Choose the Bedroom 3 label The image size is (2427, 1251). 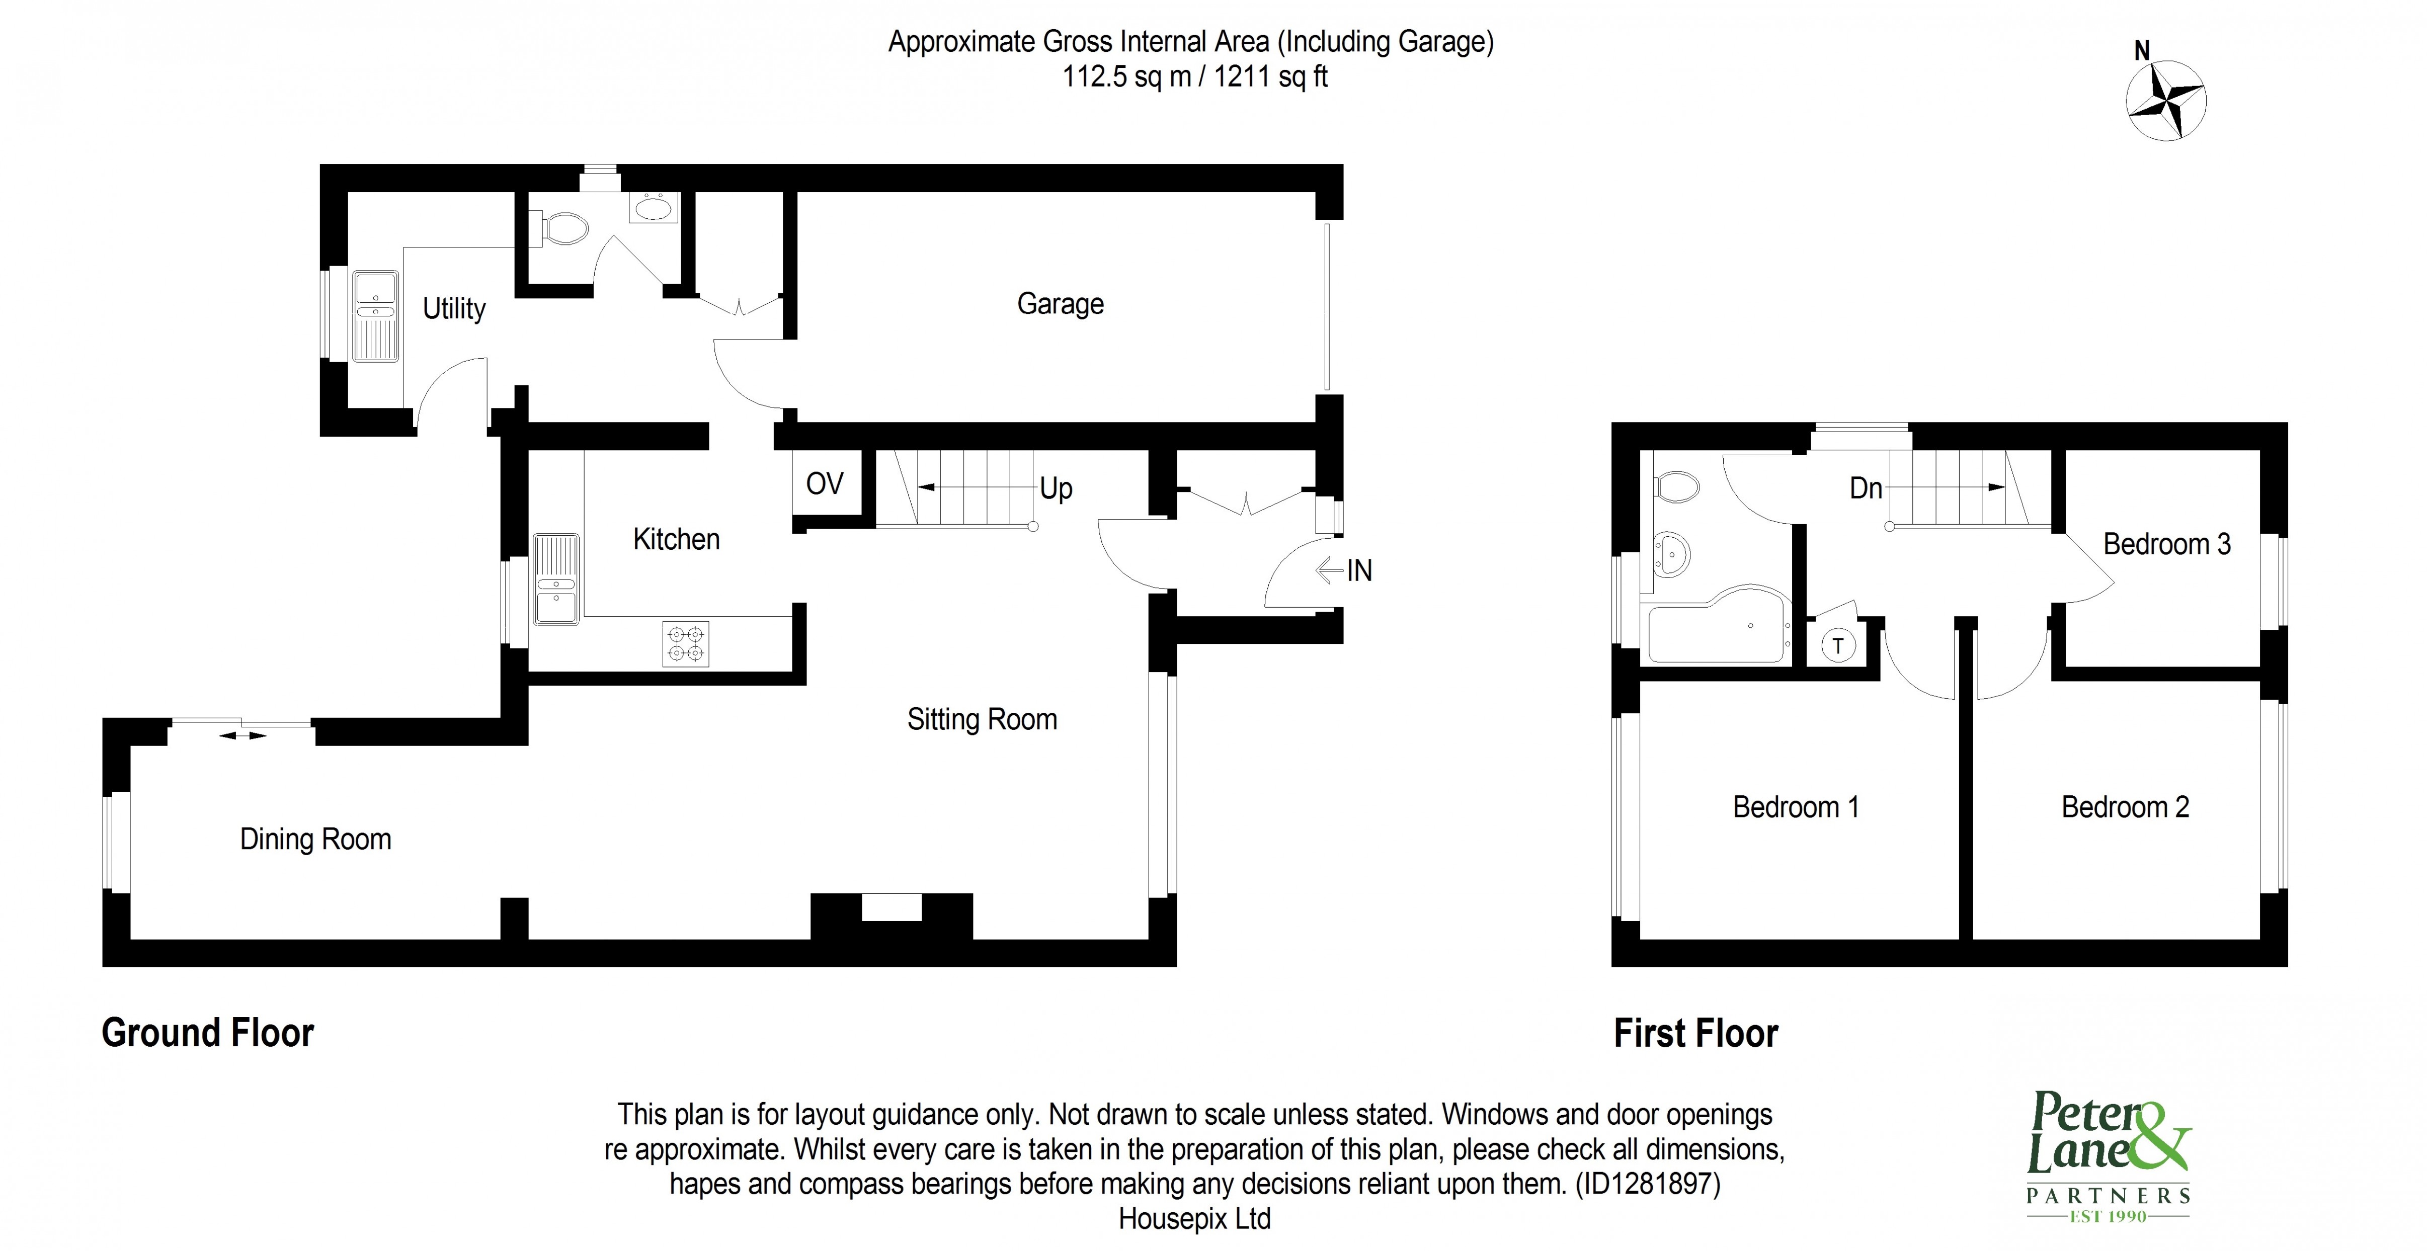2166,544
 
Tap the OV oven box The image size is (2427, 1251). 825,484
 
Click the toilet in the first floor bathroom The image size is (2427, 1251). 1676,487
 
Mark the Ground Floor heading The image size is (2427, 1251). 207,1033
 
